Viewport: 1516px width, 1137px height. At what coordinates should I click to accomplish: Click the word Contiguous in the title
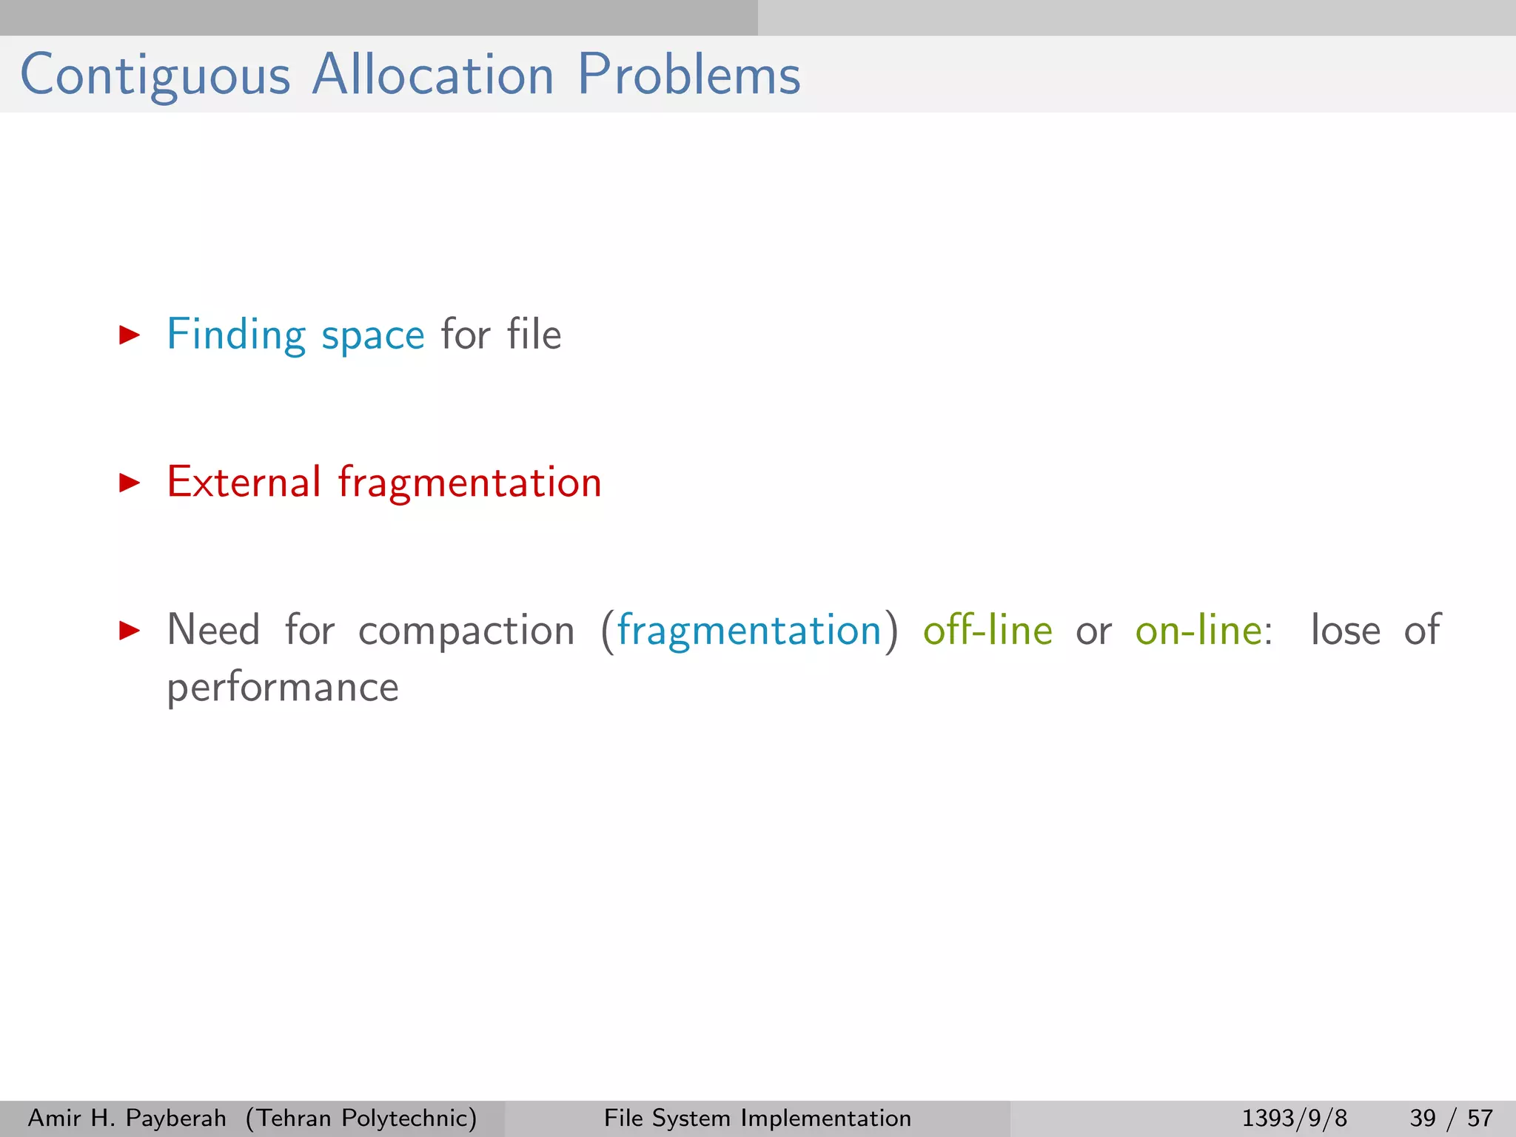155,76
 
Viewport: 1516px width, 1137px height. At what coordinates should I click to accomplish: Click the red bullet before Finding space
130,335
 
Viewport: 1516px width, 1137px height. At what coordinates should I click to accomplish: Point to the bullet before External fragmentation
130,483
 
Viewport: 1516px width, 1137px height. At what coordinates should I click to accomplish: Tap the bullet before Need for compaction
130,631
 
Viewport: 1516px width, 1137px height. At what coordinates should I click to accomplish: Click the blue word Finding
235,335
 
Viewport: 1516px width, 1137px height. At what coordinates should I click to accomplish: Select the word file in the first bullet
534,335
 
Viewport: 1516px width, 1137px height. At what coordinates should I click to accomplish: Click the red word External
244,483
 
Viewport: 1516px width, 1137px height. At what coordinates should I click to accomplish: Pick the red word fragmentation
470,483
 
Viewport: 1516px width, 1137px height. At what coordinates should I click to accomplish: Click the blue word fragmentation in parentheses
749,631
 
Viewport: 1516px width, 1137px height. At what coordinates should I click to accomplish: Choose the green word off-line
987,631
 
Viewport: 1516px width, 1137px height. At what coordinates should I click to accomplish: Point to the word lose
1345,631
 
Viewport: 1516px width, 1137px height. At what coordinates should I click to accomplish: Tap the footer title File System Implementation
757,1118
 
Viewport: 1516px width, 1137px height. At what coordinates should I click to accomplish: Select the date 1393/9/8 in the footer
1294,1118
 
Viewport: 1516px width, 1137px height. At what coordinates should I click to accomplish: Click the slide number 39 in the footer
1423,1118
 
